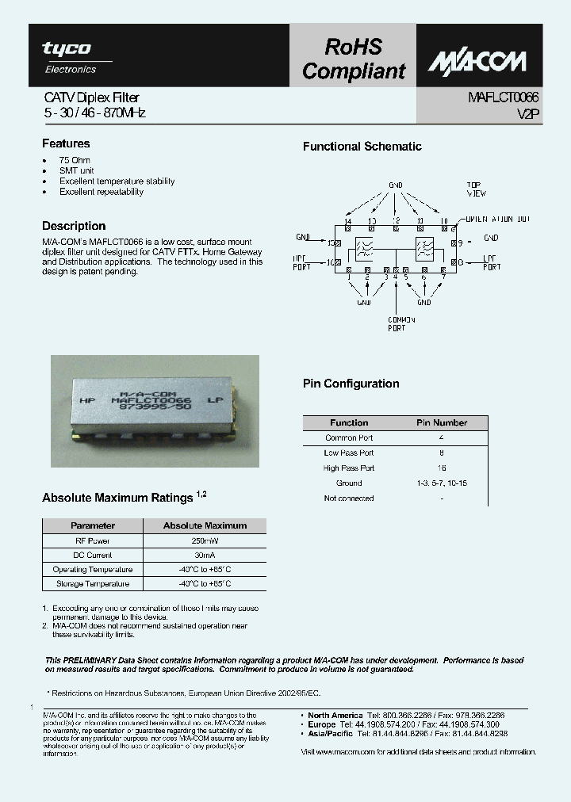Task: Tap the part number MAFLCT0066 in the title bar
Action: click(x=503, y=98)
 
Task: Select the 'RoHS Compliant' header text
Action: click(x=353, y=59)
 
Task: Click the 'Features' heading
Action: click(x=66, y=144)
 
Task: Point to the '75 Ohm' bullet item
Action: click(x=75, y=160)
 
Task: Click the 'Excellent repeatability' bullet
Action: click(x=101, y=192)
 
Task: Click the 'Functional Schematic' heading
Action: click(x=362, y=147)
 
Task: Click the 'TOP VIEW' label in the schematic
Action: click(x=476, y=189)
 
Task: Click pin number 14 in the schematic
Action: click(x=347, y=220)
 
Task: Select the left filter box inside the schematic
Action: click(x=366, y=247)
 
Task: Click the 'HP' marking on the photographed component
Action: click(x=86, y=402)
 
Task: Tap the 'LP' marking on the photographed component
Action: click(x=213, y=402)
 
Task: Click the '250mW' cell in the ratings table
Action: click(x=205, y=540)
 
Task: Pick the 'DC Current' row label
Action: click(x=93, y=555)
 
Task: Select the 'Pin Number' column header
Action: click(x=442, y=423)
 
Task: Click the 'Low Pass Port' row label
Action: click(x=349, y=453)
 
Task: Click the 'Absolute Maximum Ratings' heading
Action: click(x=117, y=498)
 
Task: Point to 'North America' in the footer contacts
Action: click(x=335, y=715)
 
